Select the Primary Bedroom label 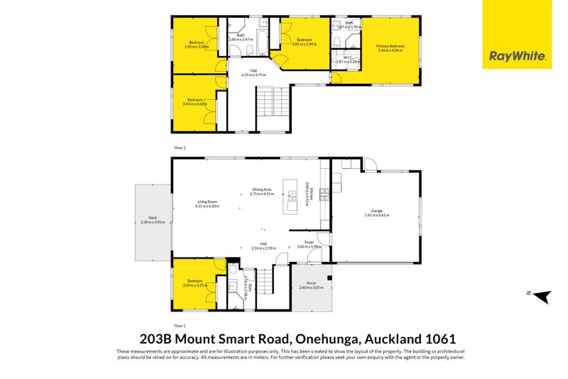click(389, 48)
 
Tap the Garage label click(376, 214)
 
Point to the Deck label click(153, 220)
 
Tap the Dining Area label click(262, 191)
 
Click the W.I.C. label click(349, 60)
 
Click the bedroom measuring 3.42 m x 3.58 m click(197, 45)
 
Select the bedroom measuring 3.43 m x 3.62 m click(197, 102)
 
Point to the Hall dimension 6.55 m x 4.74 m click(253, 72)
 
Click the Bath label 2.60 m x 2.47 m click(241, 38)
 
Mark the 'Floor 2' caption click(179, 148)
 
